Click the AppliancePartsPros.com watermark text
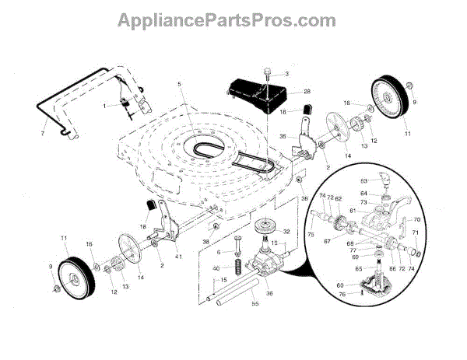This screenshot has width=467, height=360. [233, 18]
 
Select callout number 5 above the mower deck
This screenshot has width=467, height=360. [178, 83]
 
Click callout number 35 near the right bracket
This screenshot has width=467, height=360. [283, 138]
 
